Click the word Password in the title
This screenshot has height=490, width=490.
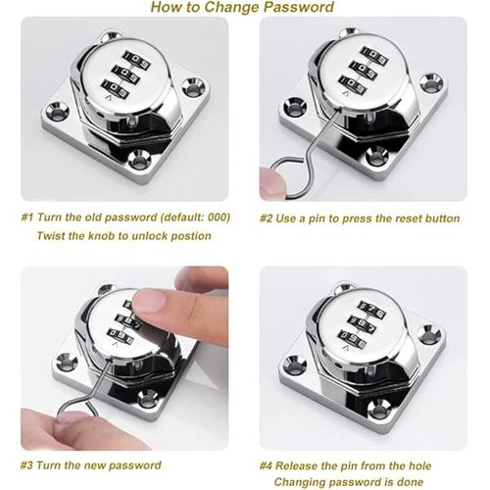(x=299, y=7)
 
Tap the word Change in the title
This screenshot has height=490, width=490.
(x=232, y=7)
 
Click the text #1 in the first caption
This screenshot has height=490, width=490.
(x=26, y=218)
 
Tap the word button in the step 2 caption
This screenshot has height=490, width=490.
(x=442, y=219)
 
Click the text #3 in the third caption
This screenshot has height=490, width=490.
(x=26, y=465)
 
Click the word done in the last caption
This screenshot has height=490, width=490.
(x=410, y=482)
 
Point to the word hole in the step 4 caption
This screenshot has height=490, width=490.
(x=418, y=465)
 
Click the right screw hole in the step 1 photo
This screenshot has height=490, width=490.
(x=193, y=87)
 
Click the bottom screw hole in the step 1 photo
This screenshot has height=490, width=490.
(x=139, y=160)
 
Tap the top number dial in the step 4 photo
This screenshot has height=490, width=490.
(x=370, y=309)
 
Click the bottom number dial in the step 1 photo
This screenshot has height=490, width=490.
(x=116, y=89)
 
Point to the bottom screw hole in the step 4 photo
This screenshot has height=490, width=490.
(x=378, y=409)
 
